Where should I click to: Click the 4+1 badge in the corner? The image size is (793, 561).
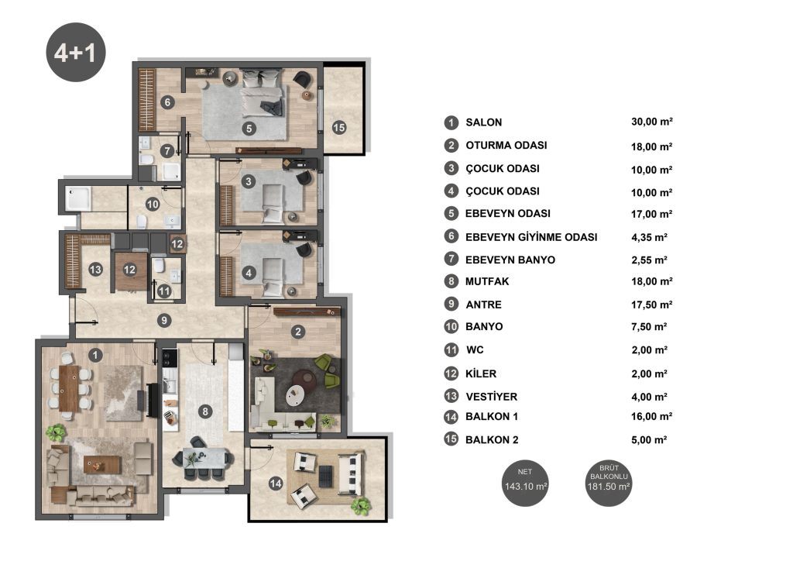pos(76,52)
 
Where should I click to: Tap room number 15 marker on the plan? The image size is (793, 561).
pos(339,128)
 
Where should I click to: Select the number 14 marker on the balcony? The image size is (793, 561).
pos(276,484)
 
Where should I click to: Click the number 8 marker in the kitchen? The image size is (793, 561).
pos(205,411)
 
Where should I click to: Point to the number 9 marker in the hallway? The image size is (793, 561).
pos(164,320)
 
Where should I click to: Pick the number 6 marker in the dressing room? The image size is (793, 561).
pos(168,102)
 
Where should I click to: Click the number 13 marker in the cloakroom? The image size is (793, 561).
pos(95,269)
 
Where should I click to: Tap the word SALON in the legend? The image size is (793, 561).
pos(484,122)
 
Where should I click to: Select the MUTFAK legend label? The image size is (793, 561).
pos(487,282)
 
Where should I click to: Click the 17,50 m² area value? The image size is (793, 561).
pos(651,305)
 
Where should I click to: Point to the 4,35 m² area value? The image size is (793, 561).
pos(649,237)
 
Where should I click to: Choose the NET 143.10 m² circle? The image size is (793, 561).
pos(526,483)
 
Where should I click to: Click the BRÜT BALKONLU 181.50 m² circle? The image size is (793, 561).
pos(609,483)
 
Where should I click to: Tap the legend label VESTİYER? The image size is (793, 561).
pos(492,397)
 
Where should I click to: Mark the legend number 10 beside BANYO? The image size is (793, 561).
pos(451,326)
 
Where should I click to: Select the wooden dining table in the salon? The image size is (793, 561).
pos(68,388)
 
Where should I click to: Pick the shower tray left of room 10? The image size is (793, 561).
pos(78,199)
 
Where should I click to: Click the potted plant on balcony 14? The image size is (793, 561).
pos(361,505)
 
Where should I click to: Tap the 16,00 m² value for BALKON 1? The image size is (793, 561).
pos(651,416)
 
